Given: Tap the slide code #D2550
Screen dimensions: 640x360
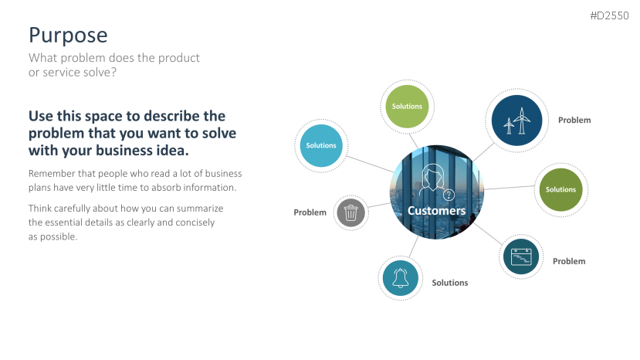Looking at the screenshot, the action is (609, 16).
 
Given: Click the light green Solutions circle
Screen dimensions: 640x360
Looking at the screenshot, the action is (407, 107).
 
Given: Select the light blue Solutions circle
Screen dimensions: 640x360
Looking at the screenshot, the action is (321, 145).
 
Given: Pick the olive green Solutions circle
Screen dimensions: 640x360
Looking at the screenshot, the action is (560, 189).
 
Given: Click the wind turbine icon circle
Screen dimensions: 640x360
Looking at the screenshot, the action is (516, 121).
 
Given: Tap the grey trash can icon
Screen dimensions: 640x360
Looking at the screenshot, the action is (350, 212).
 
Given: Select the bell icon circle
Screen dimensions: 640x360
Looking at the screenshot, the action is (401, 278).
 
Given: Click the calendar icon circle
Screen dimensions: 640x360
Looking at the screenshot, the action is (521, 256).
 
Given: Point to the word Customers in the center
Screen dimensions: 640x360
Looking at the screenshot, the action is (437, 210).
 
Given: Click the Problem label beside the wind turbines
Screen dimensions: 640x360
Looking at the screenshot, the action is (574, 121).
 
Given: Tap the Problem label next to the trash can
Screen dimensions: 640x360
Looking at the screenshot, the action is (310, 212).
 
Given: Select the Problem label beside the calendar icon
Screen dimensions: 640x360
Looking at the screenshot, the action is (569, 262).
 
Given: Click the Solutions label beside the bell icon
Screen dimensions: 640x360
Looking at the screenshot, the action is (450, 283).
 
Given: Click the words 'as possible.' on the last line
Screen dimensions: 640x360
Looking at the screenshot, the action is (52, 237).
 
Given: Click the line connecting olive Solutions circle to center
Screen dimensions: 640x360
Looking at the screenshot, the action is (509, 188).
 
